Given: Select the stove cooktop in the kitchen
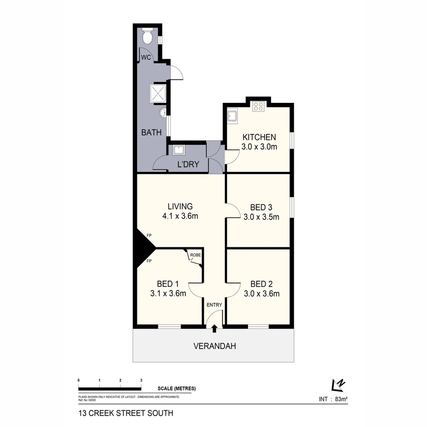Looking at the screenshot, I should pos(259,106).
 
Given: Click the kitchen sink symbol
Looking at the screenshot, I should pos(232,116).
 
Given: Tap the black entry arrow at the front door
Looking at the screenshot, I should pos(214,328).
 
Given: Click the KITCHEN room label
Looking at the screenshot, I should pos(259,137).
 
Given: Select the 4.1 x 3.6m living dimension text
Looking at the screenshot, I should pos(180,216).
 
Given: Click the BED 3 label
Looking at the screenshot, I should pos(261,207).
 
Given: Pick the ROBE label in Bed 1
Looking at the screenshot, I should pos(195,255).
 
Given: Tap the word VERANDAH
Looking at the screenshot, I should pos(214,346).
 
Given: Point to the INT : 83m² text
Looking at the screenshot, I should pos(333,399).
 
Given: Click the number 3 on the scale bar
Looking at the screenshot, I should pos(141,380).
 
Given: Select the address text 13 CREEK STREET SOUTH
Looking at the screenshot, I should pos(126,414).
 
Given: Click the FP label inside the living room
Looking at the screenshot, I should pos(149,236).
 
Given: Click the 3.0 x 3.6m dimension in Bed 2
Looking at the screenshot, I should pos(261,293).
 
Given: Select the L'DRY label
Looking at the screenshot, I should pos(188,164).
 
